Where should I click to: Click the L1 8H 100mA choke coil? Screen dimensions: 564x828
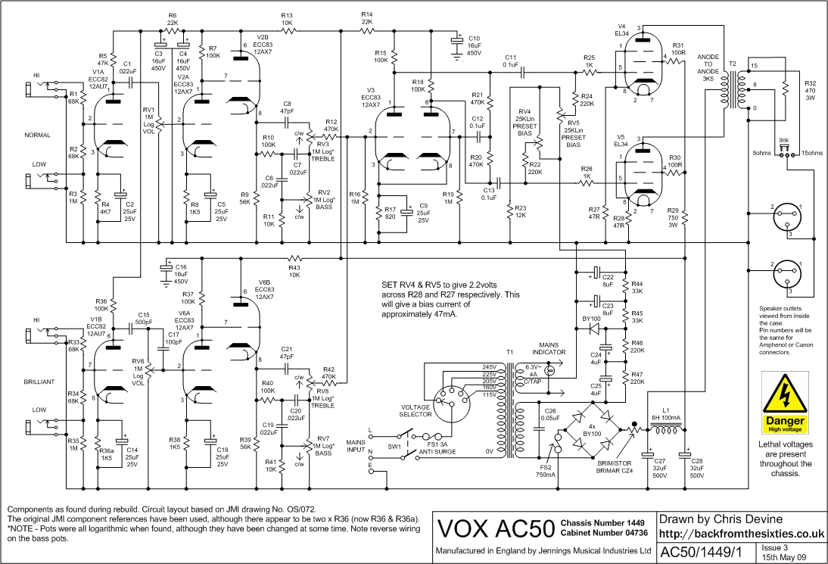point(666,433)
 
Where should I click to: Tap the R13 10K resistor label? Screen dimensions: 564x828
point(287,19)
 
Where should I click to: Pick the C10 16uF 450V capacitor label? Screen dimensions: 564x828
point(474,45)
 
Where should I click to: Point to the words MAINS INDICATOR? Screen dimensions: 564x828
point(552,347)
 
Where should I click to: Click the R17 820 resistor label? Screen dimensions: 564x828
point(390,213)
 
